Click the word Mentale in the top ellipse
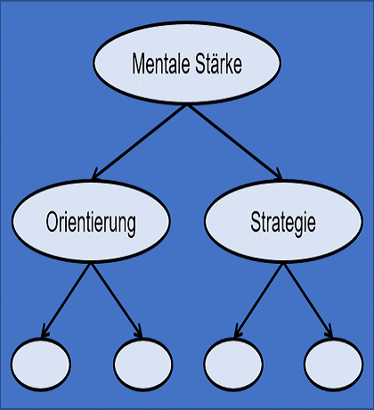pyautogui.click(x=161, y=63)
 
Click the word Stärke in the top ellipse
pyautogui.click(x=219, y=63)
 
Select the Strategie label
pyautogui.click(x=283, y=223)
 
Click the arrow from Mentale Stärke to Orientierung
pyautogui.click(x=139, y=143)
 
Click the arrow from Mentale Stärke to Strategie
pyautogui.click(x=235, y=143)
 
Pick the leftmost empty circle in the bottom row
pyautogui.click(x=41, y=364)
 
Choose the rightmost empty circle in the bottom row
pyautogui.click(x=334, y=364)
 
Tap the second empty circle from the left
pyautogui.click(x=143, y=364)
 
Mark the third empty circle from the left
pyautogui.click(x=233, y=364)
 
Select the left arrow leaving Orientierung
pyautogui.click(x=65, y=300)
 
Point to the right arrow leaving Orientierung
pyautogui.click(x=117, y=300)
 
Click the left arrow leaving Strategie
pyautogui.click(x=258, y=300)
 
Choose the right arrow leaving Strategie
pyautogui.click(x=309, y=300)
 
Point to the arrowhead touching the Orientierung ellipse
pyautogui.click(x=95, y=175)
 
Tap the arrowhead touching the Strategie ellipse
pyautogui.click(x=279, y=175)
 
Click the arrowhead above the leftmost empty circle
pyautogui.click(x=45, y=332)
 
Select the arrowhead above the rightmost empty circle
pyautogui.click(x=329, y=332)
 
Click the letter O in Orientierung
pyautogui.click(x=52, y=222)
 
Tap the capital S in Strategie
pyautogui.click(x=256, y=222)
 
